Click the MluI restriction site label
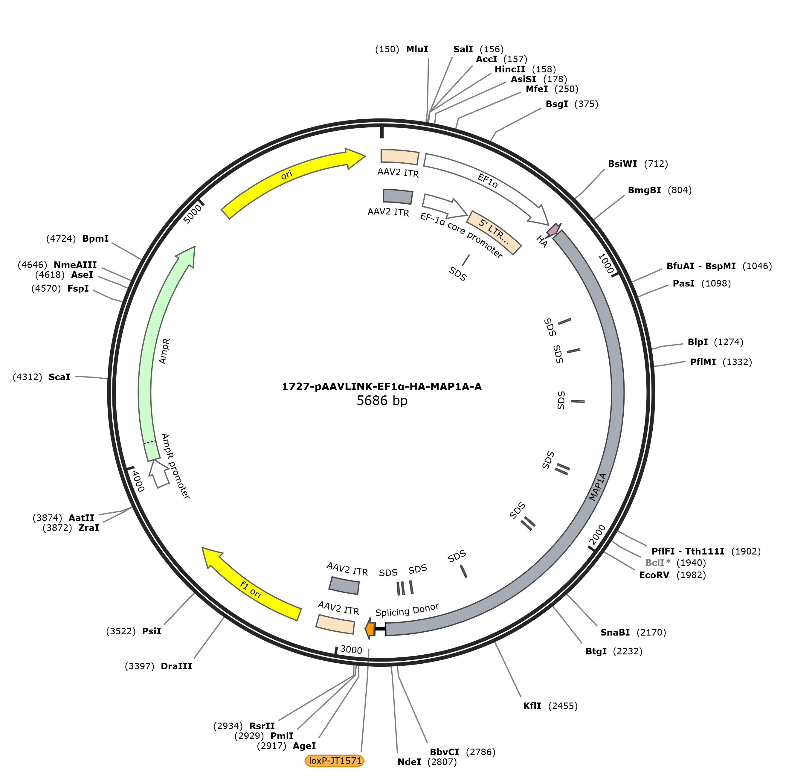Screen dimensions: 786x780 417,49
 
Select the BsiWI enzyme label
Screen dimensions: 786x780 622,164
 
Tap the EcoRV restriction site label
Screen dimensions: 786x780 654,575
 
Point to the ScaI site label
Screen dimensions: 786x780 59,377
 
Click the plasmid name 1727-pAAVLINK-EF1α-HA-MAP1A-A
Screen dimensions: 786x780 381,386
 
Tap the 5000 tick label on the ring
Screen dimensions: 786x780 193,214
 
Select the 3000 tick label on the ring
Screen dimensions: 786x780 351,649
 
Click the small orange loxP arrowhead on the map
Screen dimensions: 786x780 370,629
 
